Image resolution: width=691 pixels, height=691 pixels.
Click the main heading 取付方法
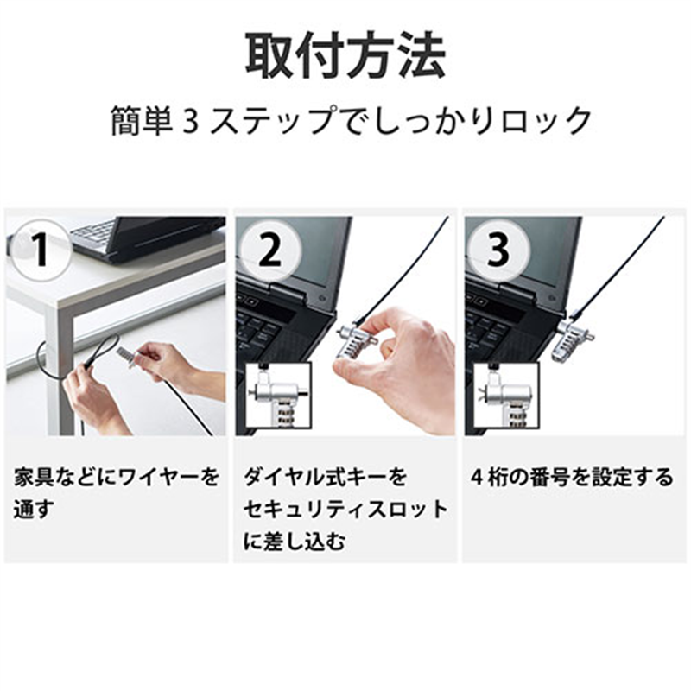coord(345,58)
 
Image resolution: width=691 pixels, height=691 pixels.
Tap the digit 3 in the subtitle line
coord(192,120)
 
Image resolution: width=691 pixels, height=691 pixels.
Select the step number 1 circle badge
coord(40,250)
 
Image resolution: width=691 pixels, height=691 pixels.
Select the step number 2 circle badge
coord(269,250)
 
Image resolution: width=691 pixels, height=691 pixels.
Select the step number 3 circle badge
coord(498,250)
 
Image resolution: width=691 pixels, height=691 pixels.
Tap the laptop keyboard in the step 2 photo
coord(268,328)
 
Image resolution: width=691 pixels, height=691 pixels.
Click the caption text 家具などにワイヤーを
coord(116,476)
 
